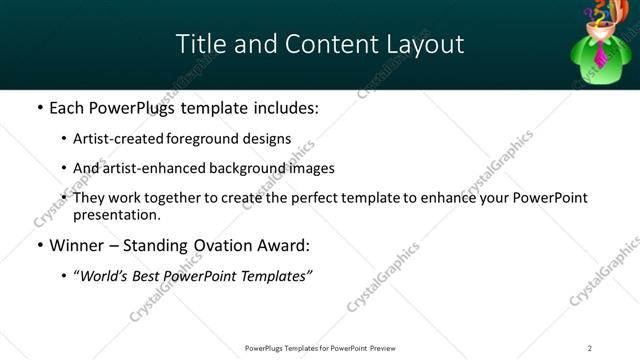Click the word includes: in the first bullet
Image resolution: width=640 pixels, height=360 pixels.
point(285,107)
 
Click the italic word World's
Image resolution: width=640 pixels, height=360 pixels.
point(104,275)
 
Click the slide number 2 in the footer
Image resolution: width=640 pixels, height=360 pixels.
point(589,348)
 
